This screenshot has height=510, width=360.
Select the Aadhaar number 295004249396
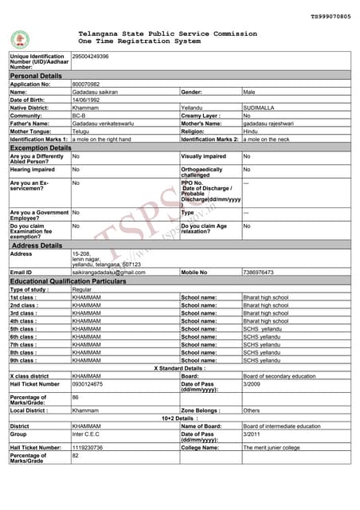pos(91,57)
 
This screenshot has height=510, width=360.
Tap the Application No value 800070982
pos(86,84)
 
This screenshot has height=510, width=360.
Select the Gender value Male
pos(249,92)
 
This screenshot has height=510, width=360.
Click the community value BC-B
pos(80,116)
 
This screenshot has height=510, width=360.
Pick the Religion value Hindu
pos(251,131)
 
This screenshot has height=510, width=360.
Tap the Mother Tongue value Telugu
pos(81,131)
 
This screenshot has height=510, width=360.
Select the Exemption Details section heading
pos(40,148)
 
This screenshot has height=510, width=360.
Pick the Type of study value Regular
pos(83,289)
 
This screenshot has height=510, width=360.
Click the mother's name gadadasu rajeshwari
pos(272,124)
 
